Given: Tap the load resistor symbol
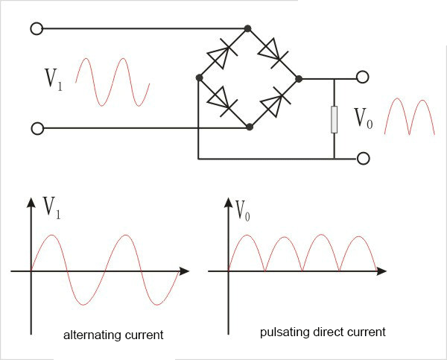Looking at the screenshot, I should [x=335, y=119].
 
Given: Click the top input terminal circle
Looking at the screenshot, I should [x=37, y=28].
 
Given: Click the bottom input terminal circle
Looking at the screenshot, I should [x=37, y=129].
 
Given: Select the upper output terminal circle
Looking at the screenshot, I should [x=363, y=78].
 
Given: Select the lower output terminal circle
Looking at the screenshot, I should [x=363, y=158].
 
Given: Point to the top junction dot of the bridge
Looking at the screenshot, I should [x=248, y=28].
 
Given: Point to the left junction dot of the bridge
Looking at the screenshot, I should [x=198, y=77].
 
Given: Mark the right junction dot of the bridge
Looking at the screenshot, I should [x=298, y=78].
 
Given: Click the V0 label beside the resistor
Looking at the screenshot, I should [x=363, y=118].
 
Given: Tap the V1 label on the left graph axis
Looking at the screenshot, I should [x=52, y=208].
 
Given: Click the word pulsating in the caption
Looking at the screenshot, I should [x=280, y=331].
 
